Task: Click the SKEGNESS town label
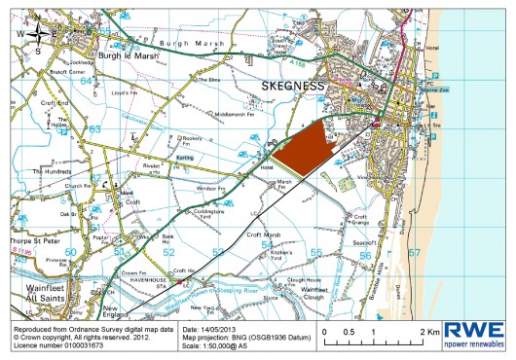[x=291, y=87]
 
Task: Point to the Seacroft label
[x=366, y=243]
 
